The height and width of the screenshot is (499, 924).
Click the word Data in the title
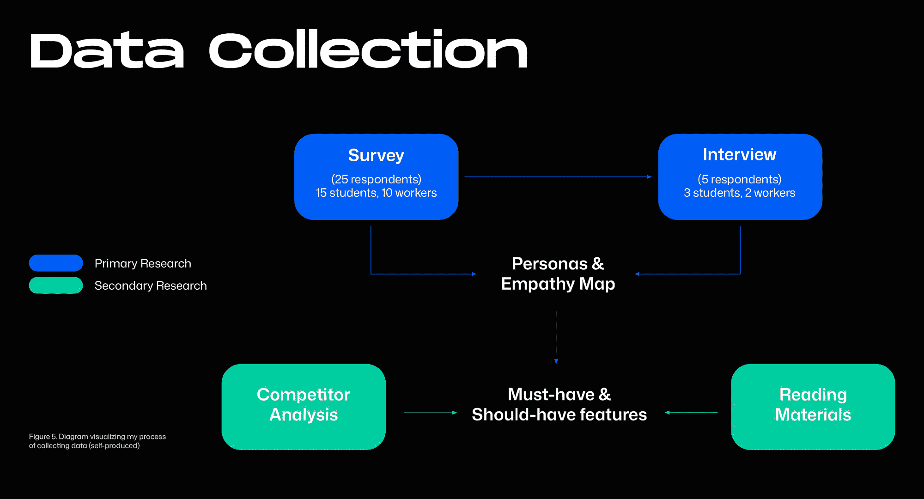coord(107,50)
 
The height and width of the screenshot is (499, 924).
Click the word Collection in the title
coord(368,49)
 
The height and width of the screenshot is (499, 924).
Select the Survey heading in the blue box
coord(376,156)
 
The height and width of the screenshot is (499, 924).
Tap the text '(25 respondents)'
coord(376,179)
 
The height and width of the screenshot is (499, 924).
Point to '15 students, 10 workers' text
coord(376,193)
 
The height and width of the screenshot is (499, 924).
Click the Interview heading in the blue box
coord(739,155)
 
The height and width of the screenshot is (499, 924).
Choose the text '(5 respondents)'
coord(739,179)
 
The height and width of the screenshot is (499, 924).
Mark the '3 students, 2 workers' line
coord(739,193)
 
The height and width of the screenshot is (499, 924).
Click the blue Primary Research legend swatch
coord(56,263)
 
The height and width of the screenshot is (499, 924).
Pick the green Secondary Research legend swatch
coord(56,285)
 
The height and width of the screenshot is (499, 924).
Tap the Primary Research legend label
coord(143,263)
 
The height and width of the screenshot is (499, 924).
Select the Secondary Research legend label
coord(151,286)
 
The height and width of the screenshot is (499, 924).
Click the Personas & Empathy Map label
coord(558,274)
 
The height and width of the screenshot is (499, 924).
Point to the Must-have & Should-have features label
coord(559,405)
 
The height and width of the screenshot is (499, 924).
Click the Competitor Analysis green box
coord(304,407)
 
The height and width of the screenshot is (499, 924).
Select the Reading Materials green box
coord(813,407)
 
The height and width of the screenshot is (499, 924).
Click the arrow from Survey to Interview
coord(558,176)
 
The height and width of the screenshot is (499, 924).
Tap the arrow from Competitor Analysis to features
coord(430,413)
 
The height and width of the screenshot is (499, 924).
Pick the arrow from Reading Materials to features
coord(691,413)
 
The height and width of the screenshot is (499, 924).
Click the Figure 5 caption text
coord(97,441)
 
